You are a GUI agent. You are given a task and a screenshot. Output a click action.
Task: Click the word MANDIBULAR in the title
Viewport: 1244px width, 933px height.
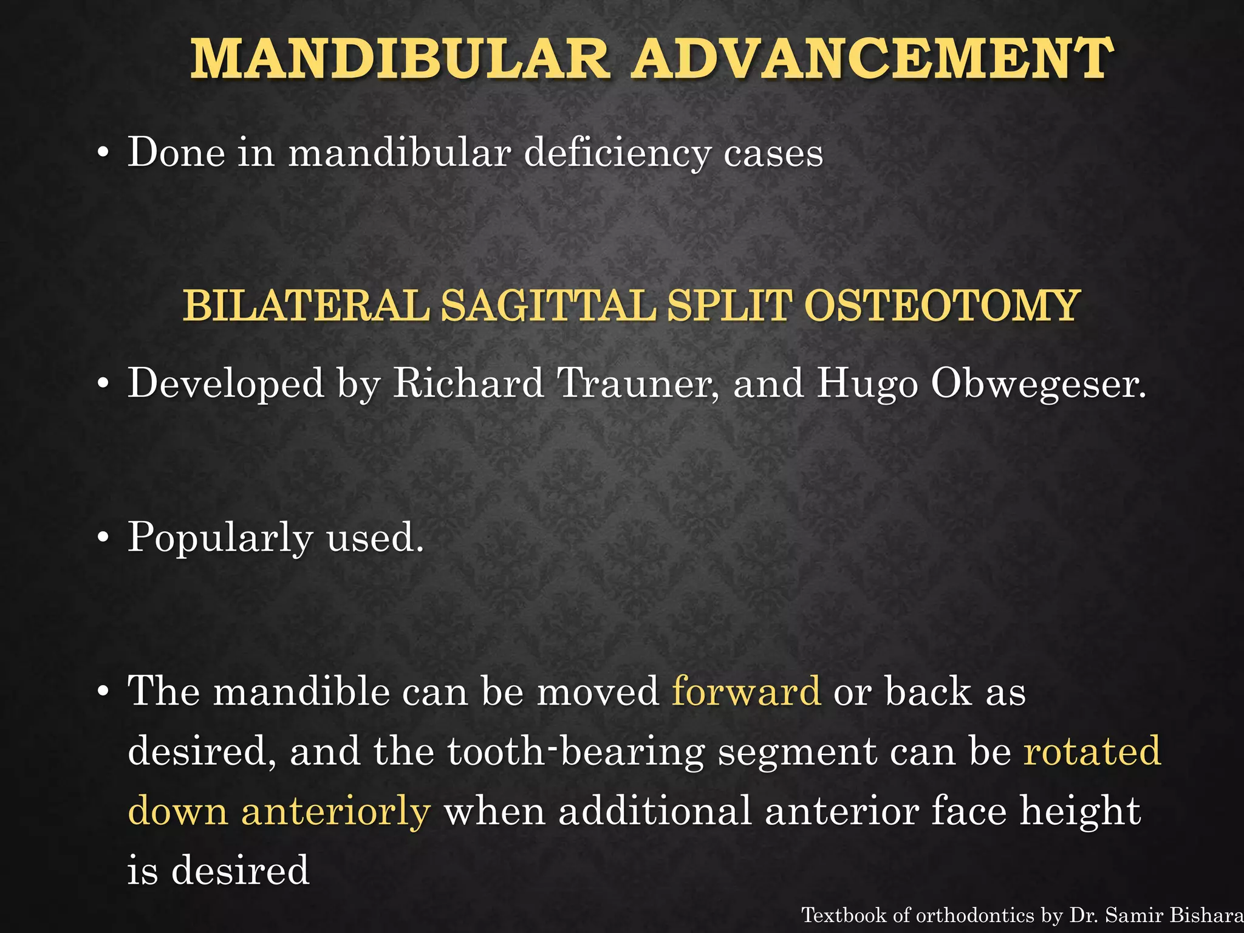(400, 59)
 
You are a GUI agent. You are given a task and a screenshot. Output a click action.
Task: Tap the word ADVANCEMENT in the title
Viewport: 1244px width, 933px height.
(872, 59)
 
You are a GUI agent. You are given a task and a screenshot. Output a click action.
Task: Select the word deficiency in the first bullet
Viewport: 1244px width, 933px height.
(617, 152)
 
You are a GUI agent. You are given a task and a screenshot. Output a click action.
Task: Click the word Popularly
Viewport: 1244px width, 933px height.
(220, 538)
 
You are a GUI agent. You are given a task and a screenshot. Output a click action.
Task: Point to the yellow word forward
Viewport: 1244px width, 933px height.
(747, 692)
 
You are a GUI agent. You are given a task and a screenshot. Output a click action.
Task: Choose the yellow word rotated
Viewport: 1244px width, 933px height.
(1092, 751)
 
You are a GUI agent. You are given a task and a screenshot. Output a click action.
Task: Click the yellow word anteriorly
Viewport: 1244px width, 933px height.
(336, 812)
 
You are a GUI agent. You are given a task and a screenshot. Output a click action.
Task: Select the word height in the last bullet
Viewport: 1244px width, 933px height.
(1080, 812)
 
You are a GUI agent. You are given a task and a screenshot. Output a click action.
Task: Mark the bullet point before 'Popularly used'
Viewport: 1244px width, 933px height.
(104, 539)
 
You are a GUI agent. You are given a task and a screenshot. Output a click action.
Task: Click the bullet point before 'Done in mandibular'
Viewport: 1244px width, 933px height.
(104, 154)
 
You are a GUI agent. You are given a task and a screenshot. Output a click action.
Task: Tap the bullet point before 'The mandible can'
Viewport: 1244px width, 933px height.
(104, 692)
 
